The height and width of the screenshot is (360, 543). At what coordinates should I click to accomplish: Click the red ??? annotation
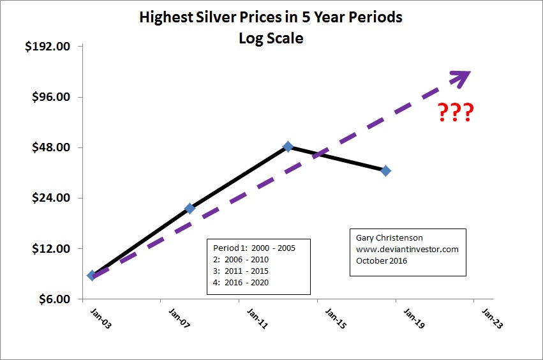[x=456, y=113]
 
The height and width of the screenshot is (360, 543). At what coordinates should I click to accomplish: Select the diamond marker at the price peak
[x=288, y=147]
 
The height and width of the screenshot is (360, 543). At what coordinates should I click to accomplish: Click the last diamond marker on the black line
[x=385, y=170]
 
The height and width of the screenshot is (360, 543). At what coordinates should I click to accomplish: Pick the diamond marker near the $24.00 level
[x=190, y=208]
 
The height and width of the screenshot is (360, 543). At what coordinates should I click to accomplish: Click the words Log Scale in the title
[x=271, y=38]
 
